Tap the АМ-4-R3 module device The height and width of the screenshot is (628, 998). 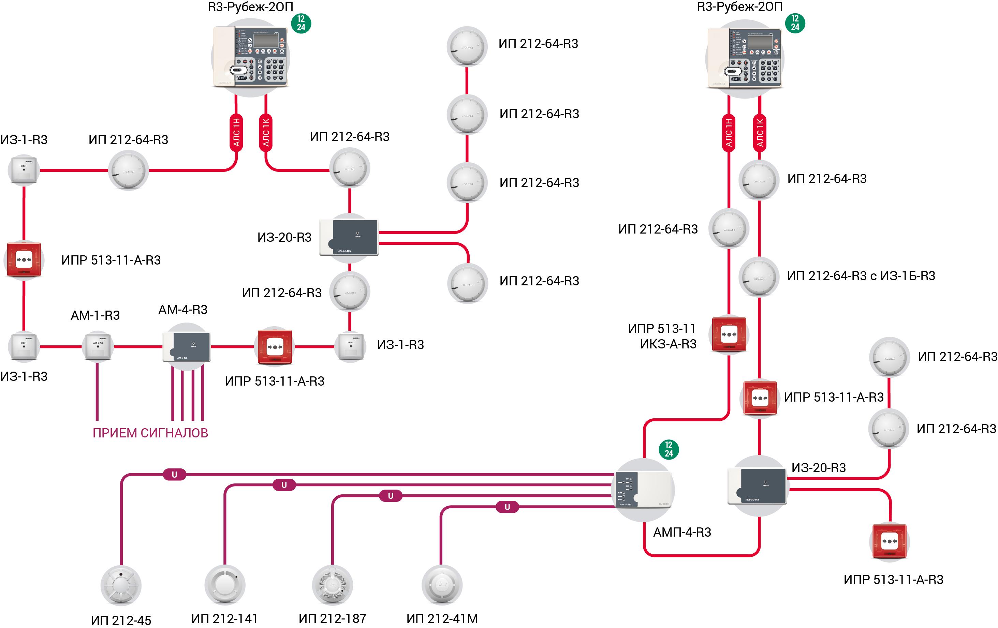click(187, 347)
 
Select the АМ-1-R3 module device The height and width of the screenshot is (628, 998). click(98, 347)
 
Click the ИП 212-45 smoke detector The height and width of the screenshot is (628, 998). click(121, 585)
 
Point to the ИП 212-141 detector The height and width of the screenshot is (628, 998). click(225, 584)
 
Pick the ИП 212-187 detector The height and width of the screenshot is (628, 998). click(333, 584)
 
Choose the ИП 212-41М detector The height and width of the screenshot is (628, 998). click(442, 584)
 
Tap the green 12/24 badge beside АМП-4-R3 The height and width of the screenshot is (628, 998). click(669, 449)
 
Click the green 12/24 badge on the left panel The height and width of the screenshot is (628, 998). click(301, 23)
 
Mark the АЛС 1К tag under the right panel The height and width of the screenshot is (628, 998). click(759, 133)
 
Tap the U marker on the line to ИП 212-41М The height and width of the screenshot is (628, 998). click(507, 507)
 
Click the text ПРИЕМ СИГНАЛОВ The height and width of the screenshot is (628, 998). click(150, 433)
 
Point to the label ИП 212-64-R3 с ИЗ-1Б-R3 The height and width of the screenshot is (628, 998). click(861, 276)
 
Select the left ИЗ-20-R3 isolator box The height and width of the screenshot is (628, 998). click(349, 237)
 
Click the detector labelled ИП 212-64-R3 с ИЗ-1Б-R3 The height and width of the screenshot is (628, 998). click(759, 277)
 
